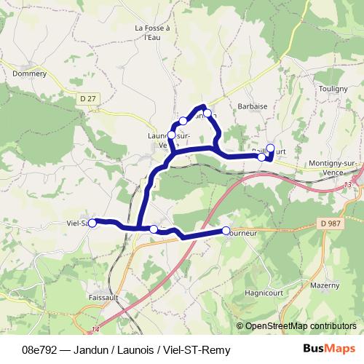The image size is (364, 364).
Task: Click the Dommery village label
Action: coord(30,72)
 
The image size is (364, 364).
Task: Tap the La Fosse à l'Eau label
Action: coord(152,33)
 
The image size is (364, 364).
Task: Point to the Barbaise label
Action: coord(253,106)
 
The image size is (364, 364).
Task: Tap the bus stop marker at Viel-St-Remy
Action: coord(92,223)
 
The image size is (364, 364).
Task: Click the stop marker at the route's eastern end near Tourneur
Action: coord(226,231)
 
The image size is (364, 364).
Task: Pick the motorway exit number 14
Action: coord(96,328)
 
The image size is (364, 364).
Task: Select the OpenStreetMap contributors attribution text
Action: coord(301,326)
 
